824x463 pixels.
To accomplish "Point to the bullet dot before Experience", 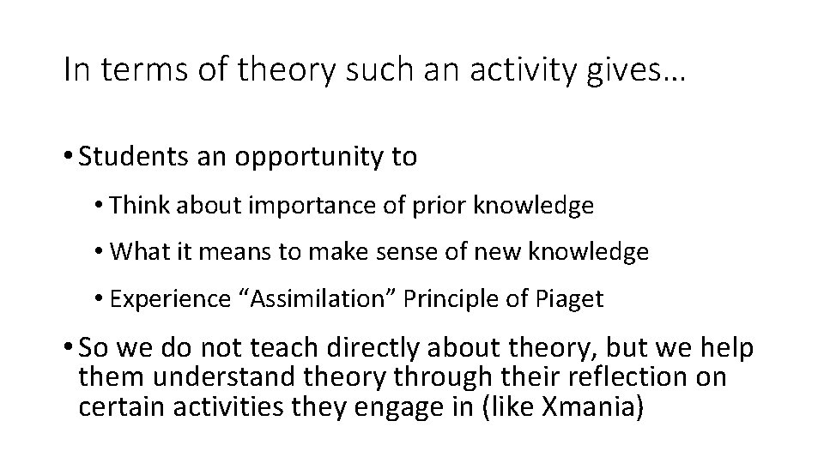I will pos(101,299).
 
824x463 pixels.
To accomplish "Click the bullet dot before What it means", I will pos(101,252).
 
